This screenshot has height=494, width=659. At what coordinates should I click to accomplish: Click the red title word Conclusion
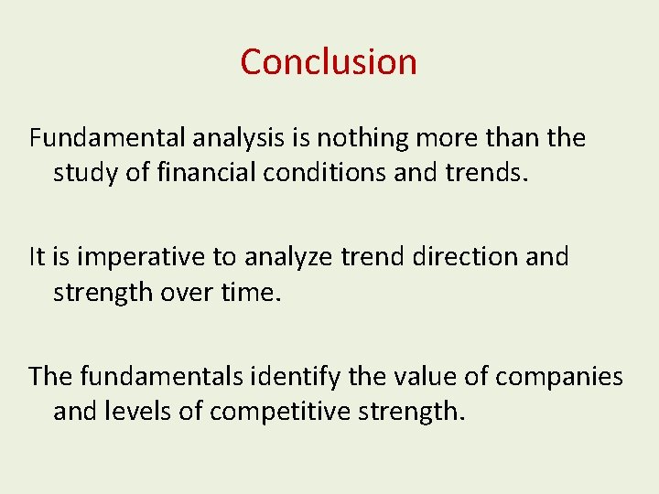click(329, 62)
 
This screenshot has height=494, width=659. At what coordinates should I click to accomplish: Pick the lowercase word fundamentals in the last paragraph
click(161, 376)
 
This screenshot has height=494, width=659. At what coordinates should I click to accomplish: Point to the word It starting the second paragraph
click(38, 257)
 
